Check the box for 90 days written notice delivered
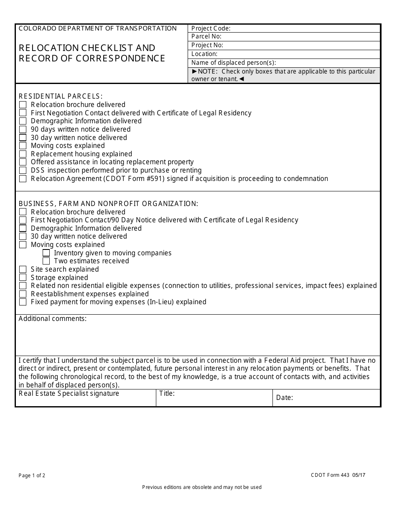point(23,130)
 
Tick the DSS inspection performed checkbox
point(23,170)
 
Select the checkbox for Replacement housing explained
point(23,154)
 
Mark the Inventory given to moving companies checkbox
point(46,253)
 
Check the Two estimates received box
point(46,261)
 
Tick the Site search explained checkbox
point(23,270)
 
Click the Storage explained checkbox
point(23,278)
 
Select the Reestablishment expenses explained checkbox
point(23,294)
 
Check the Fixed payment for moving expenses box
point(23,302)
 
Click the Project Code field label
point(211,28)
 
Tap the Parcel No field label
point(206,37)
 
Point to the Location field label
point(204,54)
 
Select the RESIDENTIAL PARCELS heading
point(61,97)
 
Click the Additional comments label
point(53,319)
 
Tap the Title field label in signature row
point(167,394)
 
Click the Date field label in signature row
point(284,398)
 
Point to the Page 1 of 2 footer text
point(32,476)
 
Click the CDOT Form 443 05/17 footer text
point(335,475)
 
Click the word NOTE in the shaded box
point(207,71)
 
